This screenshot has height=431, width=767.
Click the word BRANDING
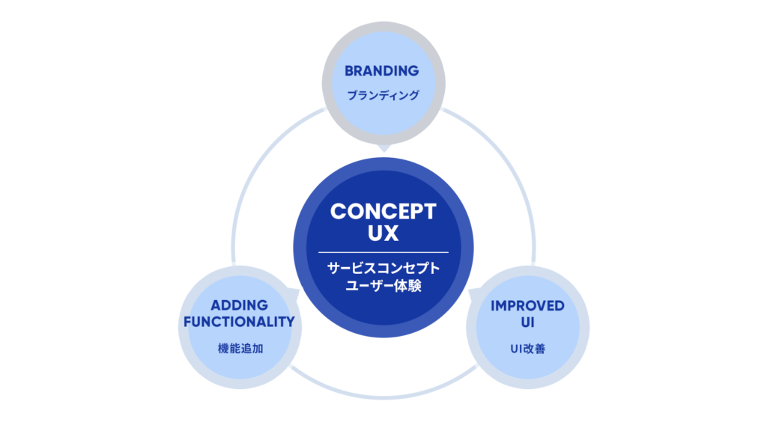381,71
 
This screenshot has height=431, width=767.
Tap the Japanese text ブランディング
382,96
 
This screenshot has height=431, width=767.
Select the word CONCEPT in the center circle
383,211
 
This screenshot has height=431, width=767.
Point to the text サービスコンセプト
383,269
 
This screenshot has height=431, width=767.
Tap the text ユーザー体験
383,286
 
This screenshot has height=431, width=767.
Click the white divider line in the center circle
383,252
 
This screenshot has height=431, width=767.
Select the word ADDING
239,306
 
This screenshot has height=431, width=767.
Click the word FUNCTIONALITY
239,323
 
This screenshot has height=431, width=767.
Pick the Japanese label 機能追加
239,349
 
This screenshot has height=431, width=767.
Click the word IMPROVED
527,306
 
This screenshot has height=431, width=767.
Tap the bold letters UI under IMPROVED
527,323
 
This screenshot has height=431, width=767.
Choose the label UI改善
527,349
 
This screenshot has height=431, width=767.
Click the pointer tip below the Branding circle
383,149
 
